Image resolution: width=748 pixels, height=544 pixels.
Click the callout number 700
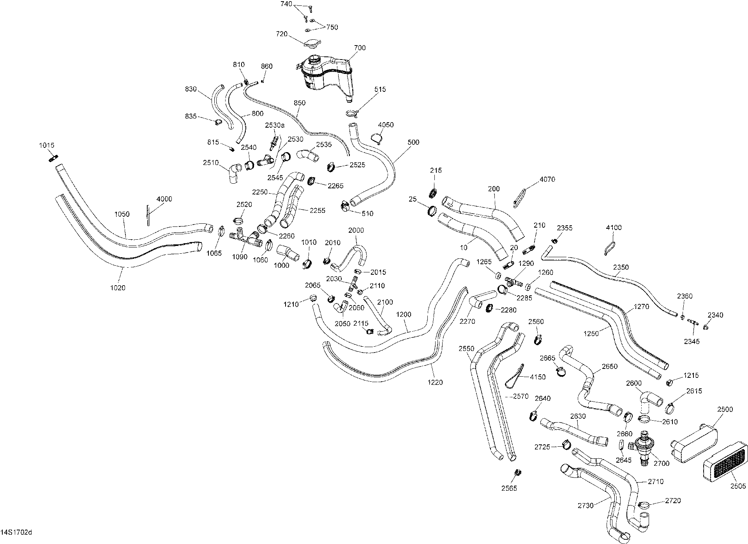360,48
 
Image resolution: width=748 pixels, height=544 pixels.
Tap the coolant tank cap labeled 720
312,44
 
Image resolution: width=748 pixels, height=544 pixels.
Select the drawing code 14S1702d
16,532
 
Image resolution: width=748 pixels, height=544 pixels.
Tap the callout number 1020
118,288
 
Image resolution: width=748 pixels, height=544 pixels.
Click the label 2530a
275,125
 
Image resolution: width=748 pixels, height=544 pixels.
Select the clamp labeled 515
352,114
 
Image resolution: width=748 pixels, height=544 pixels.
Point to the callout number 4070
547,179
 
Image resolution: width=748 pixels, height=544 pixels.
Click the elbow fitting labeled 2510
235,174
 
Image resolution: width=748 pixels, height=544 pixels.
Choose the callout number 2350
621,267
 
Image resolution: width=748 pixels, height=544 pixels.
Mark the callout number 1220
435,383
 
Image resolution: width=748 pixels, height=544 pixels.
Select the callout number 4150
538,377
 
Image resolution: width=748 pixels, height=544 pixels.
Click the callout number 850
300,103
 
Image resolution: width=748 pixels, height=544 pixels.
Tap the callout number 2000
356,230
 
